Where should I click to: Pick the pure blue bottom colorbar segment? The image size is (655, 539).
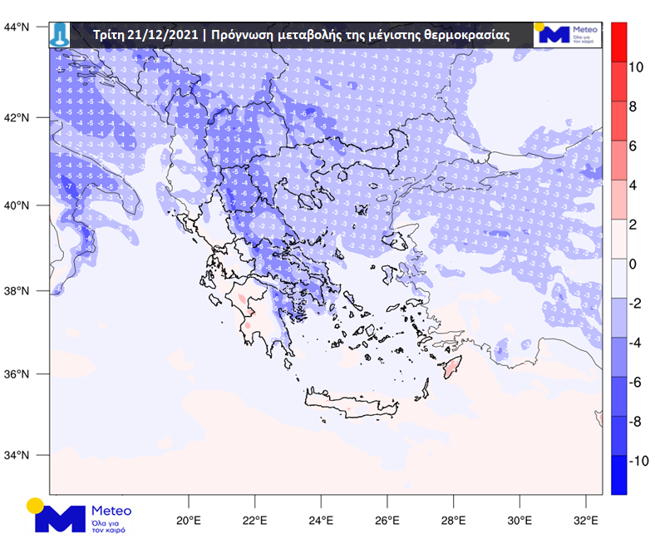coord(619,475)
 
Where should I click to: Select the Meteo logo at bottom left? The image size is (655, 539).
coord(78,517)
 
